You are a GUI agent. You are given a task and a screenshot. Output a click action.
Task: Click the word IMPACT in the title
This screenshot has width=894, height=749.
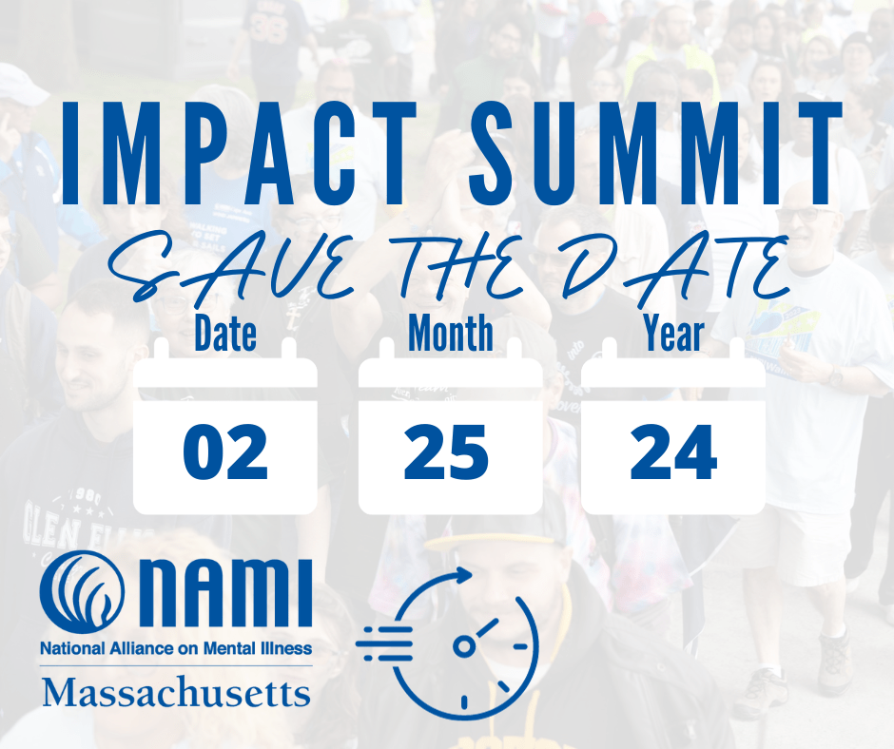click(x=240, y=153)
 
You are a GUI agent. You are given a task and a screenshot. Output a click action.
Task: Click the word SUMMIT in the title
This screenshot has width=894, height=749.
click(x=655, y=153)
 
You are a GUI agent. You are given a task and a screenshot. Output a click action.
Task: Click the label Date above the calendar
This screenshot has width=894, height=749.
click(x=225, y=334)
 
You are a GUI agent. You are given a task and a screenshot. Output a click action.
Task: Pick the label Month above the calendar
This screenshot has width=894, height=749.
click(x=451, y=333)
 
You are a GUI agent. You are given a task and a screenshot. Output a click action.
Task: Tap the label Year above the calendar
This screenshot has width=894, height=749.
click(x=674, y=333)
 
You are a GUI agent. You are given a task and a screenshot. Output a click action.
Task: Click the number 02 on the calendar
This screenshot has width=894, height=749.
click(x=225, y=452)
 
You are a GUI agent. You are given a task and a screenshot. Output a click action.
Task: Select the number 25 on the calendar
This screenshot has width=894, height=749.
click(x=446, y=452)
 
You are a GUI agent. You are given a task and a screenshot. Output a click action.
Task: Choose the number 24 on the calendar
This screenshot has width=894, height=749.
click(x=673, y=452)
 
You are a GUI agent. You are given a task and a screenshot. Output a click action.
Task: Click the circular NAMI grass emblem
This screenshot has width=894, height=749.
click(x=82, y=593)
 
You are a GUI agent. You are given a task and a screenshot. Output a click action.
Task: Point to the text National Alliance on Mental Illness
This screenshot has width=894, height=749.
click(x=176, y=648)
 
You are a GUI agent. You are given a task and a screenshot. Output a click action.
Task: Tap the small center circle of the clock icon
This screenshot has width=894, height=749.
click(x=464, y=645)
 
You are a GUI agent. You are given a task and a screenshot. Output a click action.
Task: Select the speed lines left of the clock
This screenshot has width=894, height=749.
click(x=383, y=643)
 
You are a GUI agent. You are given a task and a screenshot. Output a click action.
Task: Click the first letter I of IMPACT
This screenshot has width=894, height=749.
click(x=70, y=153)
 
